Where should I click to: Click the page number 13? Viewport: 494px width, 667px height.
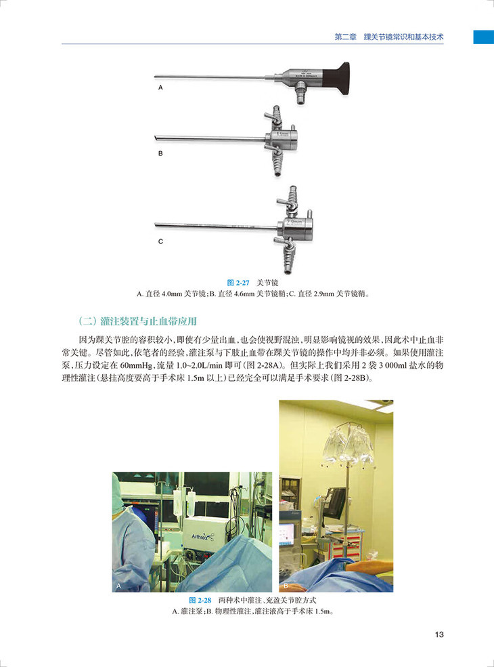[439, 634]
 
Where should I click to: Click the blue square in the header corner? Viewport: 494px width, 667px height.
[482, 37]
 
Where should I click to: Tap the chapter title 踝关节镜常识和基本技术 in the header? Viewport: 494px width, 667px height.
[404, 36]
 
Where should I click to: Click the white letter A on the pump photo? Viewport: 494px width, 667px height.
[119, 584]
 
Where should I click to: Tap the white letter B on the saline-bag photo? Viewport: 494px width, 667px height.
[286, 584]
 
